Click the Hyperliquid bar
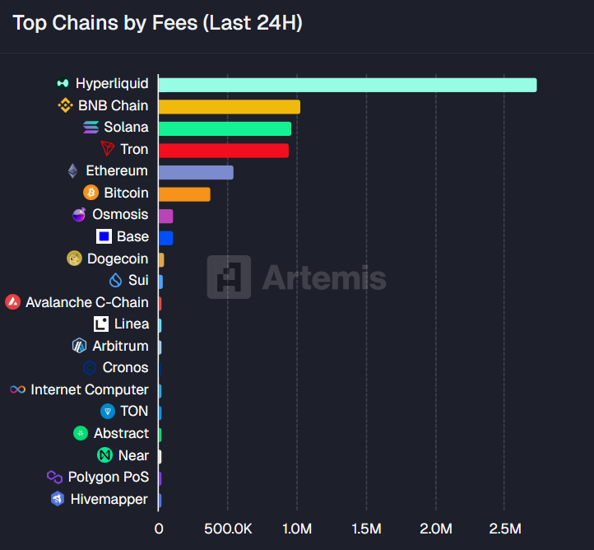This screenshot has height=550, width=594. coord(346,85)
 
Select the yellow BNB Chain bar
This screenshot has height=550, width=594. coord(229,106)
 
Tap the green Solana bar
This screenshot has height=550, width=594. coord(225,128)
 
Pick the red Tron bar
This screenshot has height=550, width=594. coord(223,151)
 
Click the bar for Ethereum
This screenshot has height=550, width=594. coord(196,172)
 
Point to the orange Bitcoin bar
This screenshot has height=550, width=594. coord(184,194)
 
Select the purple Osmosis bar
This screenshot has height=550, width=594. coord(165,216)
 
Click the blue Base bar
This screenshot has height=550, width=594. coord(165,238)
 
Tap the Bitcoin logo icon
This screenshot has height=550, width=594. coord(90,193)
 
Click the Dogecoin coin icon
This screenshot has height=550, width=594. coord(74,259)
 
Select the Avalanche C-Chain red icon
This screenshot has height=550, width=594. coord(12,302)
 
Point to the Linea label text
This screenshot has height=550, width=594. coord(132,324)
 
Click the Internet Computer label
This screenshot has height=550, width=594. coord(90,389)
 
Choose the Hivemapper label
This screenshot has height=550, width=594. coord(109,499)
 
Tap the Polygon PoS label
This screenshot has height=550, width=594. coord(109,478)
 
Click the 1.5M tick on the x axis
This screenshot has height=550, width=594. coord(365,528)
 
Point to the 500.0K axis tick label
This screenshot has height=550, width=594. coord(227,528)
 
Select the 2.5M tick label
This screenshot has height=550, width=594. coord(504,528)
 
